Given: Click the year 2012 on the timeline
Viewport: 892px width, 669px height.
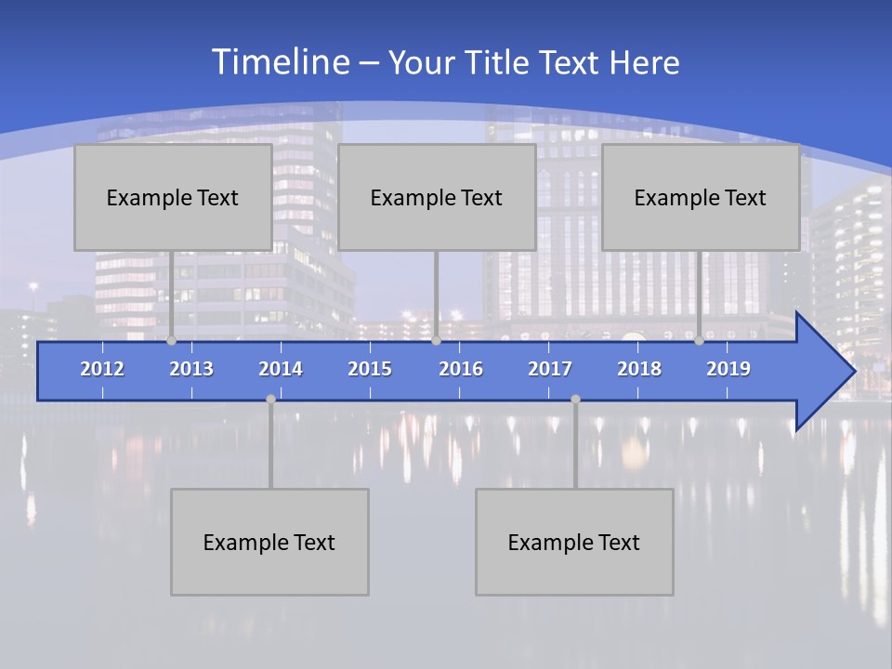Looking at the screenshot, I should click(x=102, y=369).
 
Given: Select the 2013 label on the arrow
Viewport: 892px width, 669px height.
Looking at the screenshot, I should click(x=191, y=369).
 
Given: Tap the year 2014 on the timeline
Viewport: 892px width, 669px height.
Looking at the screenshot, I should click(x=281, y=369).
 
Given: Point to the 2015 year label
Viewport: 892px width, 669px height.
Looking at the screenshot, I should click(x=370, y=369).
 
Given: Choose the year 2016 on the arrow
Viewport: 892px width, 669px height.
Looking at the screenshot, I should click(x=461, y=369).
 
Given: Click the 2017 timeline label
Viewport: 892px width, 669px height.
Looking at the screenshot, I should click(x=550, y=369).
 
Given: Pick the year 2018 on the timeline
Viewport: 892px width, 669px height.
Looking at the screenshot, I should click(x=639, y=369).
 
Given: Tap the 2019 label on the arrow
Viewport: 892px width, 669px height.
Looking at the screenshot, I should click(x=728, y=369).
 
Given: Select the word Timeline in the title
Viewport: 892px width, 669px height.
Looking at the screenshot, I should click(x=279, y=62).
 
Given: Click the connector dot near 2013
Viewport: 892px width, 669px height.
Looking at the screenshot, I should click(x=172, y=341).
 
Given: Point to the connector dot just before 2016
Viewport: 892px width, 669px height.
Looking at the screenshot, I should click(x=436, y=341).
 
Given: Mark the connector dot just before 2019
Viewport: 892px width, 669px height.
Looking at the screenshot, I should click(x=700, y=341).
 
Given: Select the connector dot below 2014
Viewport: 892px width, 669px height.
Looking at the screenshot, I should click(x=270, y=400).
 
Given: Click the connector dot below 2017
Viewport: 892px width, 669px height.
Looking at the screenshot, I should click(x=575, y=400).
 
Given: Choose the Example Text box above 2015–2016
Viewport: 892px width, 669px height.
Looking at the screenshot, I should click(x=437, y=197).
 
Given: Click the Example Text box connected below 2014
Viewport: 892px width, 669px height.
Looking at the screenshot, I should click(x=269, y=542).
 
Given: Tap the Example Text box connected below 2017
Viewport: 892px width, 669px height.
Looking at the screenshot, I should click(x=574, y=542).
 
